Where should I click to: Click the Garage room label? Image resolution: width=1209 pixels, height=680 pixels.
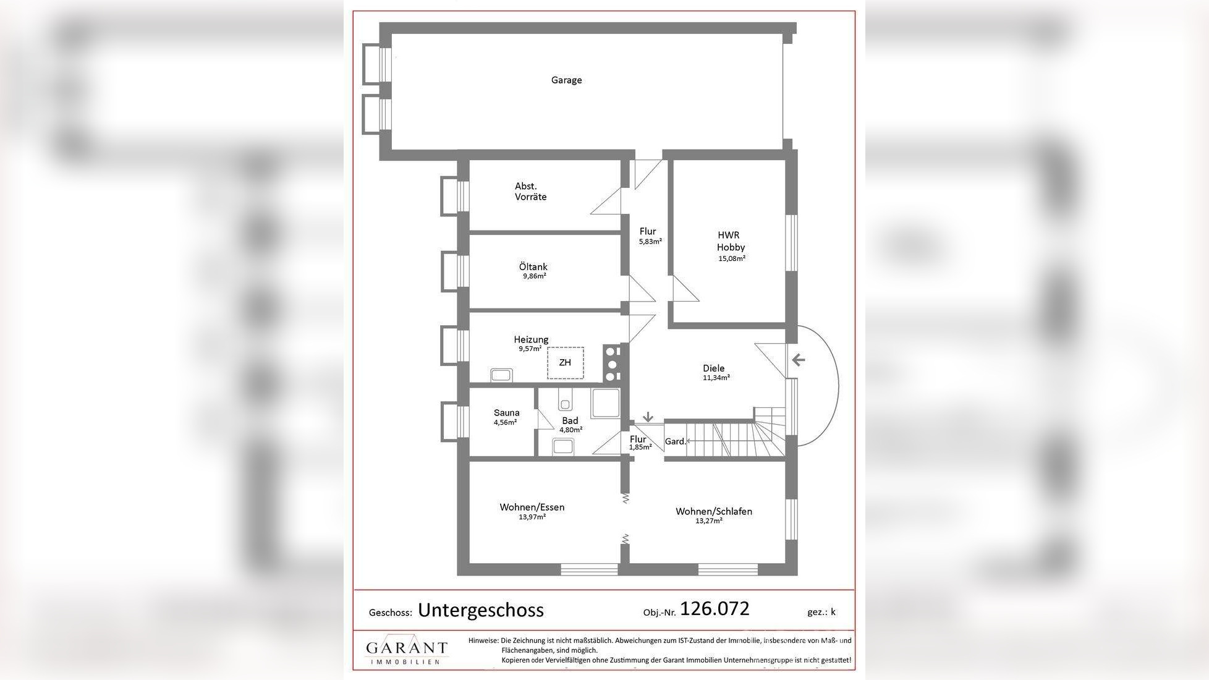[x=566, y=80]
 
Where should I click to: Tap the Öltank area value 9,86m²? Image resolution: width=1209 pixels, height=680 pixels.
[x=534, y=276]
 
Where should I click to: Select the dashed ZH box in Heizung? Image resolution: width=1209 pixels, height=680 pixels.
[x=565, y=363]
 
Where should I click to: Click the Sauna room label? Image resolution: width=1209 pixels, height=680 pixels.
[x=506, y=413]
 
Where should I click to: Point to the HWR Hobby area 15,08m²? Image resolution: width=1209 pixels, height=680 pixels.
[x=731, y=258]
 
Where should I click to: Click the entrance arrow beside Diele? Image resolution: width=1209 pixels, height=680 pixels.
[x=798, y=360]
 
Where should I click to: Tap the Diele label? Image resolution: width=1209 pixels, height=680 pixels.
[x=713, y=368]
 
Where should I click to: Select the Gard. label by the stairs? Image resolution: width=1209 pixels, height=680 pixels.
[x=675, y=441]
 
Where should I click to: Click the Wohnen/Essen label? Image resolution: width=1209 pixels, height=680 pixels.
[x=532, y=507]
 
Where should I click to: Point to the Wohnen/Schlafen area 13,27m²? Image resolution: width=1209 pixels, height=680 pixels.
[x=708, y=521]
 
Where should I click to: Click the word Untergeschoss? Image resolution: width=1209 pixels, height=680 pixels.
[x=480, y=610]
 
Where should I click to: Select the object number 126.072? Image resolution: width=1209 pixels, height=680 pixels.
[x=714, y=609]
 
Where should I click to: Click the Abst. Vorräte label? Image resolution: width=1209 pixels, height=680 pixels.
[x=530, y=191]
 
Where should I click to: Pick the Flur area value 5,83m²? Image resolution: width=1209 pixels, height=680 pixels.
[x=650, y=242]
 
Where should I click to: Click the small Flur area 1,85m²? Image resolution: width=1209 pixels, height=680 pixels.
[x=640, y=447]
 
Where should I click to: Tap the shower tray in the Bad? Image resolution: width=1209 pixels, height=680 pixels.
[x=605, y=404]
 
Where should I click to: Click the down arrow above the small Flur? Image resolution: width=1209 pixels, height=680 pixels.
[x=648, y=417]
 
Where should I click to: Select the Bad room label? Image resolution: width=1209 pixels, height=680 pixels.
[x=570, y=420]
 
